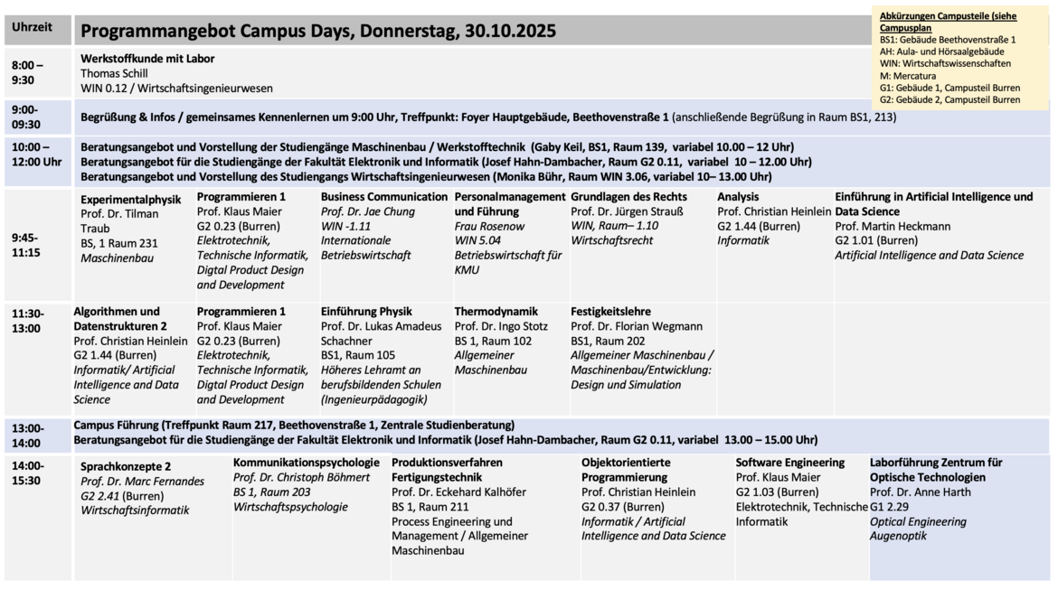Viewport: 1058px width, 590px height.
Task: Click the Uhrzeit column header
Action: coord(33,27)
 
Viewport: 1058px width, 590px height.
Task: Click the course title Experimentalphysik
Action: coord(131,199)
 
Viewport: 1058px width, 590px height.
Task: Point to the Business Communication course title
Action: coord(384,197)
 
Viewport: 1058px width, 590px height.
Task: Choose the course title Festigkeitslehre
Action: coord(610,312)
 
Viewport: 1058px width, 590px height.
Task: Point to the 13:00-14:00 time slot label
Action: coord(27,435)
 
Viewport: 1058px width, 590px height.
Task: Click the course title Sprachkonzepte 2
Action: coord(126,466)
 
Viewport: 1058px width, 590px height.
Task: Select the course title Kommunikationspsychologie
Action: coord(307,463)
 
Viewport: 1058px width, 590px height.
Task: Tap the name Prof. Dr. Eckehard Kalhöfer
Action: coord(458,492)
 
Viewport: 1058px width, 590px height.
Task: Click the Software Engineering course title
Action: coord(790,463)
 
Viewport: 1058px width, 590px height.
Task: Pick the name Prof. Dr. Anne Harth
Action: coord(921,492)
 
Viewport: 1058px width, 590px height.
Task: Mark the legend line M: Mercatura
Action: coord(908,76)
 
